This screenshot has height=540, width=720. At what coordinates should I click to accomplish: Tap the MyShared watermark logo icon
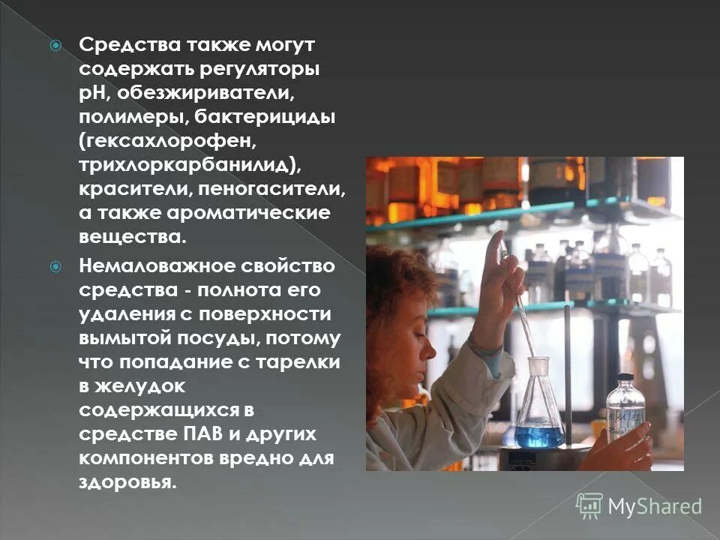589,505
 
